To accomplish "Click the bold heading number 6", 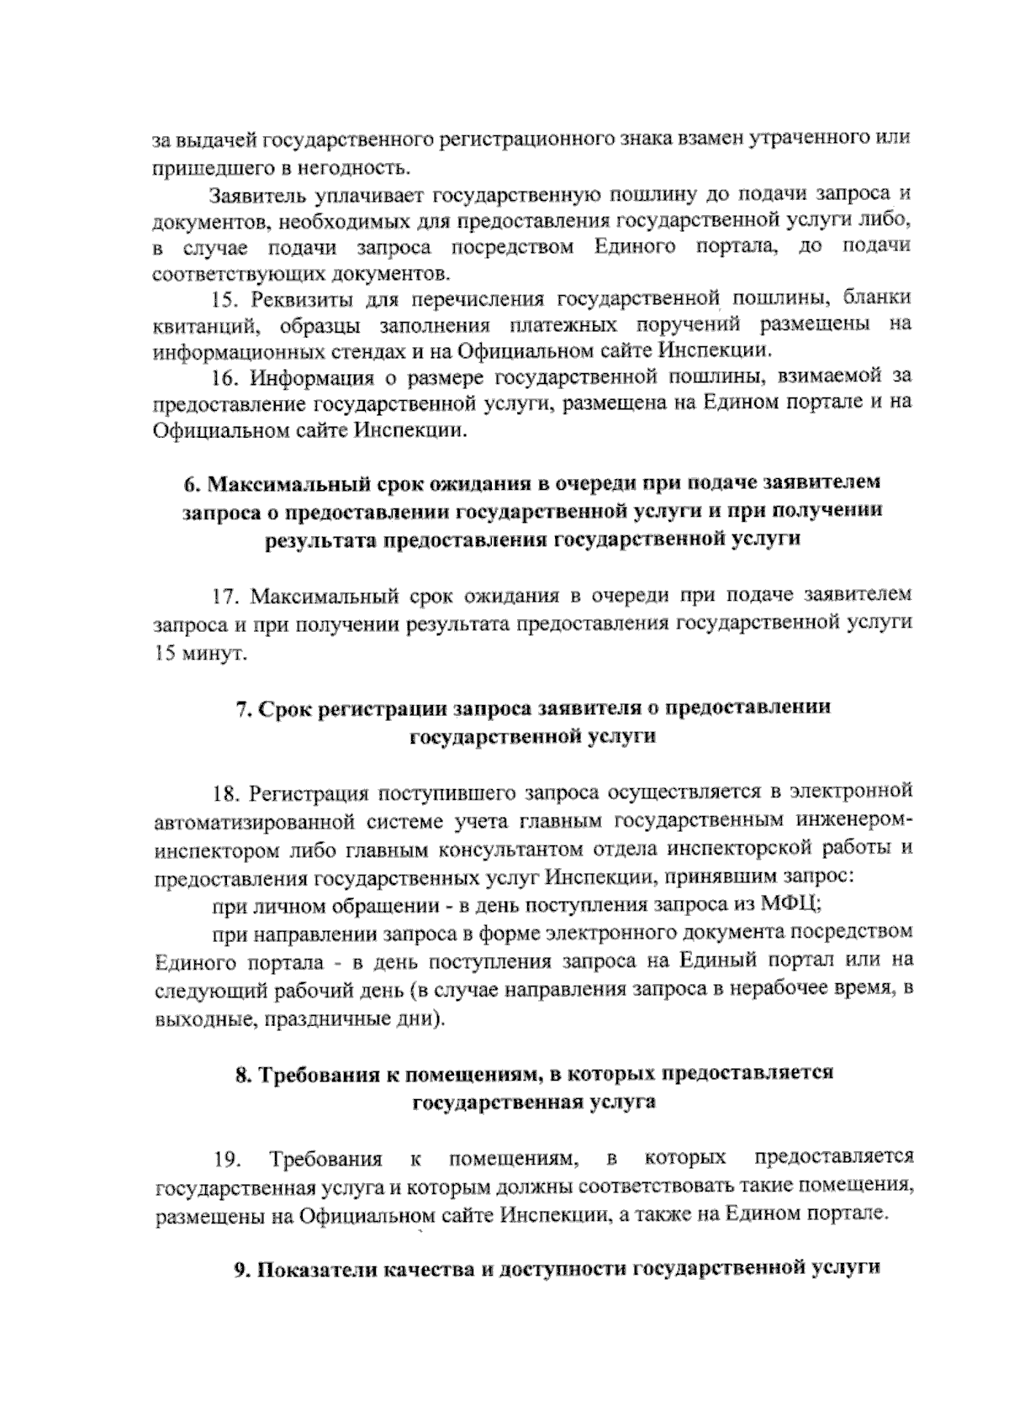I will coord(190,485).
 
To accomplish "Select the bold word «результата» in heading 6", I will coord(321,539).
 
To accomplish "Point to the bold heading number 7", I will coord(240,708).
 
